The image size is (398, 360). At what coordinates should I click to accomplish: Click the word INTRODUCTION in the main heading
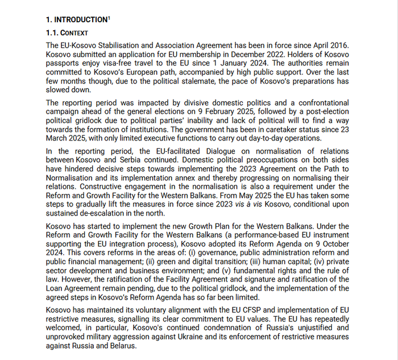[80, 19]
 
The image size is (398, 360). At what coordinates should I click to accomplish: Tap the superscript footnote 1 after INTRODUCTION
[109, 18]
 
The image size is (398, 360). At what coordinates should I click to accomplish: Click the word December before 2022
[247, 54]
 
